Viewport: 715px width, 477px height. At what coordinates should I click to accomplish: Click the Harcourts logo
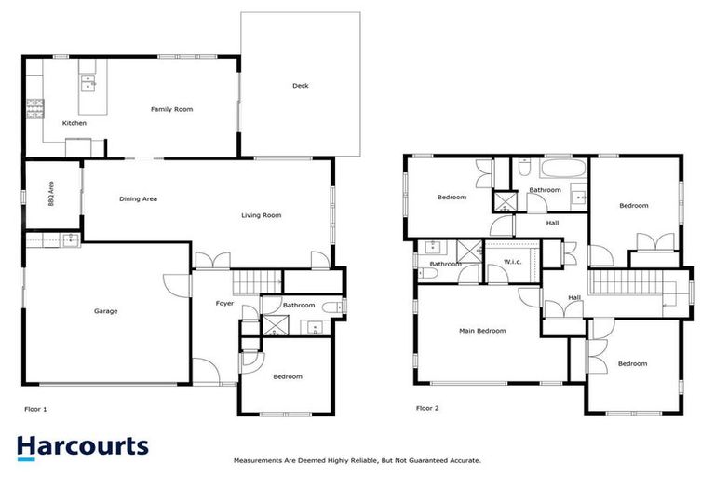[83, 446]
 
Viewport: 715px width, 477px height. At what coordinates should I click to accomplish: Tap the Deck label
[300, 86]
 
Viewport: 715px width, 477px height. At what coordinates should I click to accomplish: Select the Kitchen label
[74, 123]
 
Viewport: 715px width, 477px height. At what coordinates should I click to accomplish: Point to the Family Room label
[171, 109]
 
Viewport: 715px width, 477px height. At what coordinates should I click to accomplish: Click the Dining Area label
[138, 198]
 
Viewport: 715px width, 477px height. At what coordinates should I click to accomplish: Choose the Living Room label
[261, 215]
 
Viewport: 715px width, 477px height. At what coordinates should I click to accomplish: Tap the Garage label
[105, 310]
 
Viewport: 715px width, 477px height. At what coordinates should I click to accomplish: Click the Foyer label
[224, 304]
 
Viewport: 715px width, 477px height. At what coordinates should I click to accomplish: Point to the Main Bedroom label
[482, 331]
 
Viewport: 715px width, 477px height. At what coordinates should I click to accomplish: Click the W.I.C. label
[513, 261]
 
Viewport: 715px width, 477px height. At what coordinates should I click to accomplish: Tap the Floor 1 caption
[35, 408]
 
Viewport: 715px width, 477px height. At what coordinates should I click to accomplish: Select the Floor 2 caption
[426, 408]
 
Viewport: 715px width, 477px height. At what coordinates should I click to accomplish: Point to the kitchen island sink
[89, 82]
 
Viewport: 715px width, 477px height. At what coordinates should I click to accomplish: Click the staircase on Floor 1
[256, 282]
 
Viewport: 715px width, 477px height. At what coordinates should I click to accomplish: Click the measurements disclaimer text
[357, 460]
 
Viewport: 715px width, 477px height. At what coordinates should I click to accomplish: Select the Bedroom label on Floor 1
[288, 376]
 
